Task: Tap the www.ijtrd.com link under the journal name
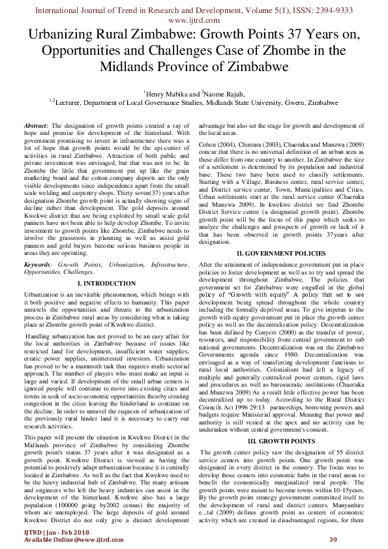[194, 21]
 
